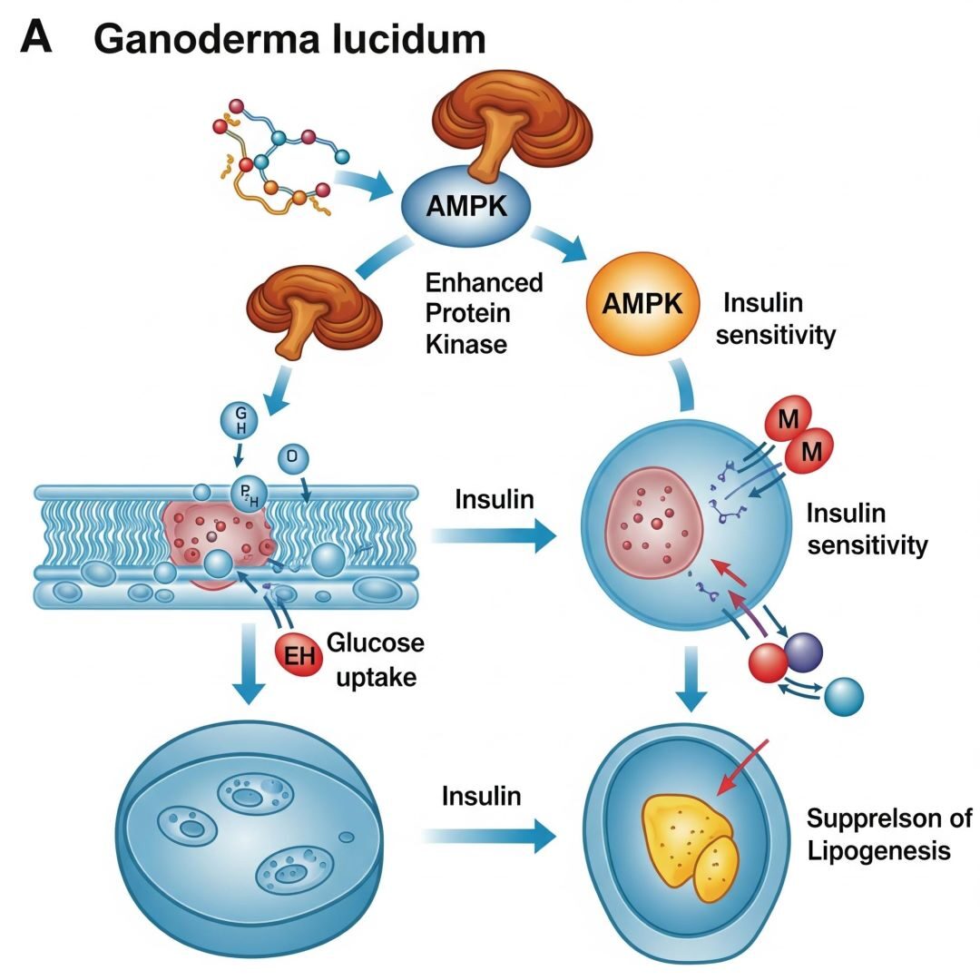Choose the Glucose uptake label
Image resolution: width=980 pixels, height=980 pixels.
pos(375,660)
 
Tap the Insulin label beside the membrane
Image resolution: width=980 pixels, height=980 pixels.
pos(494,499)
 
